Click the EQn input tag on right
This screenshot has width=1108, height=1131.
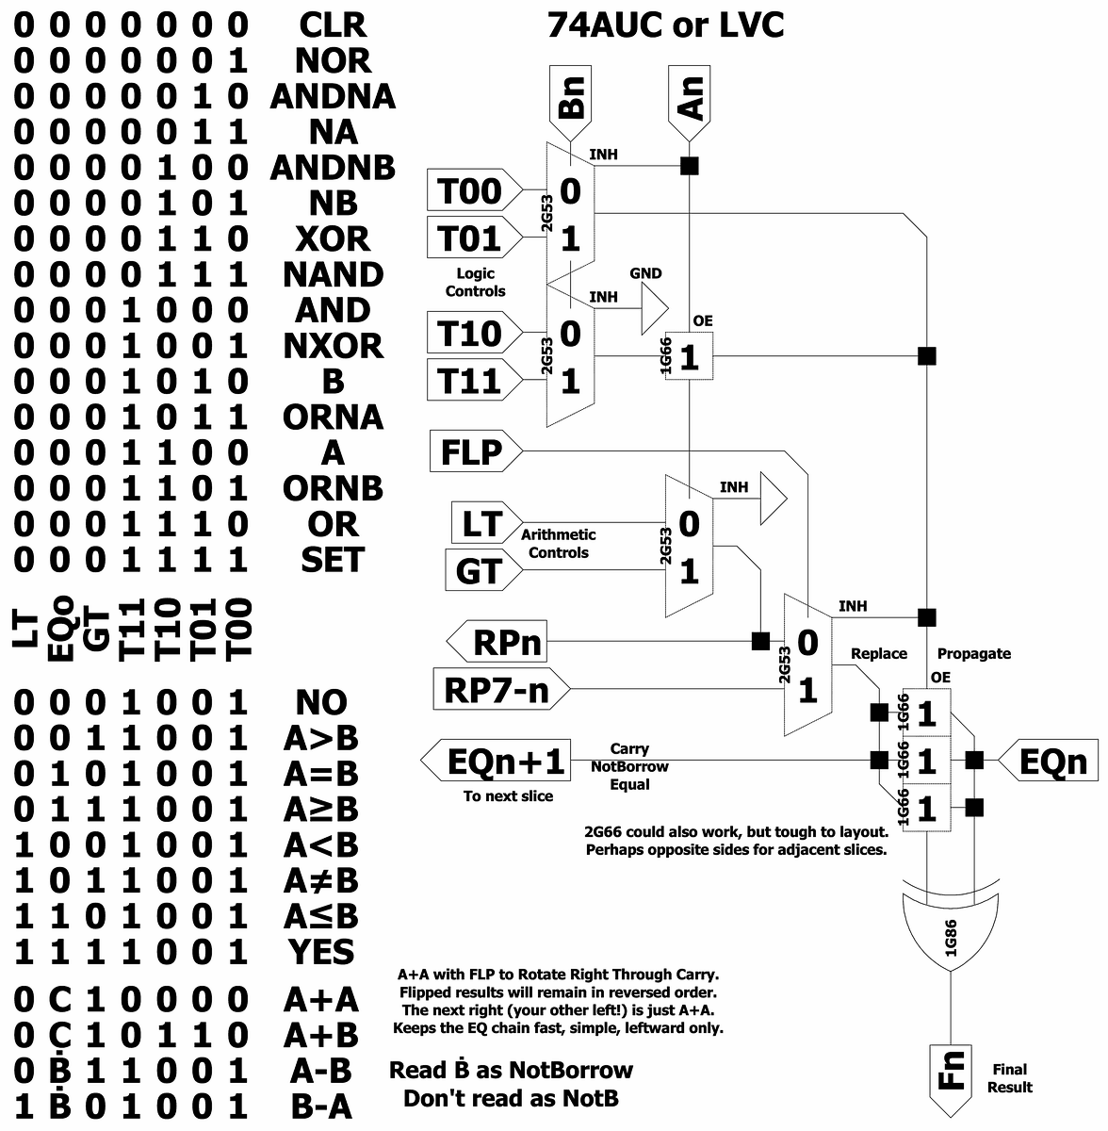(1049, 762)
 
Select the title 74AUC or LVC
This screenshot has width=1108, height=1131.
(665, 25)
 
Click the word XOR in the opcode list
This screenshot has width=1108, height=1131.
(333, 238)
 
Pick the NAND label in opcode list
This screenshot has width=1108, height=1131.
(333, 274)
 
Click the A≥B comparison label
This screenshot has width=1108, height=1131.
(321, 809)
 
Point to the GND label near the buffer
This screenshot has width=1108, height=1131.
(645, 273)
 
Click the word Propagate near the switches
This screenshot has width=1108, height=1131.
(973, 653)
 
